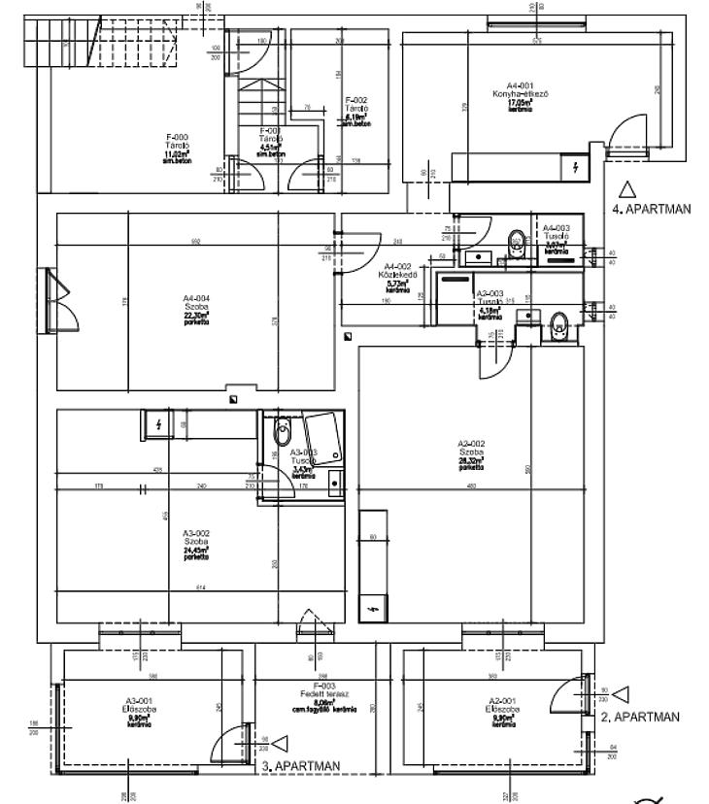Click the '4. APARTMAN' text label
(x=651, y=208)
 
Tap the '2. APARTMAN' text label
(x=640, y=717)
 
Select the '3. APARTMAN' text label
(x=301, y=766)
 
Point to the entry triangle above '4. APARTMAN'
(x=627, y=188)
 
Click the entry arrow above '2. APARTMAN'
(x=623, y=693)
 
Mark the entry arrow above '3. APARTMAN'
(x=282, y=744)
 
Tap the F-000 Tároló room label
(x=178, y=147)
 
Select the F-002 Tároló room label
(x=355, y=110)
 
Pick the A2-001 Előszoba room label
(x=501, y=710)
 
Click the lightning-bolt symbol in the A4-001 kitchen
(x=576, y=168)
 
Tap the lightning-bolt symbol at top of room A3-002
(x=158, y=423)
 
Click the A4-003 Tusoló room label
(x=557, y=234)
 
